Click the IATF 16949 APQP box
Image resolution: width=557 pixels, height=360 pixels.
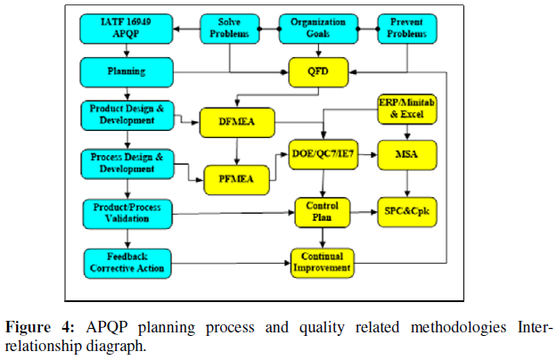pyautogui.click(x=127, y=28)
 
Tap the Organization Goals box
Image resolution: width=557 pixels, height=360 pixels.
pyautogui.click(x=319, y=28)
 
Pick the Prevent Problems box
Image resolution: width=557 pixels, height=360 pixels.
pyautogui.click(x=408, y=28)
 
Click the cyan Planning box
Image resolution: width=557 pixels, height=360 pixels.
pyautogui.click(x=127, y=70)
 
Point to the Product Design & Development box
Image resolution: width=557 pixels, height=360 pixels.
pyautogui.click(x=127, y=114)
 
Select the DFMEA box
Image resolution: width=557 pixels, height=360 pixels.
pyautogui.click(x=236, y=120)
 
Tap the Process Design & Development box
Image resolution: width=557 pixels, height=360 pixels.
pyautogui.click(x=127, y=163)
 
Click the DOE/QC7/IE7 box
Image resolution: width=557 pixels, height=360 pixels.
pyautogui.click(x=323, y=155)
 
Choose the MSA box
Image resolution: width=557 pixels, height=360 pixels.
pyautogui.click(x=408, y=155)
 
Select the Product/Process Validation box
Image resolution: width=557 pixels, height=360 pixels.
pyautogui.click(x=127, y=212)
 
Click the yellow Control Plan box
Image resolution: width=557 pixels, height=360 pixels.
pyautogui.click(x=323, y=213)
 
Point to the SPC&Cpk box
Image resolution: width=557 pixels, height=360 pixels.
pyautogui.click(x=408, y=213)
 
